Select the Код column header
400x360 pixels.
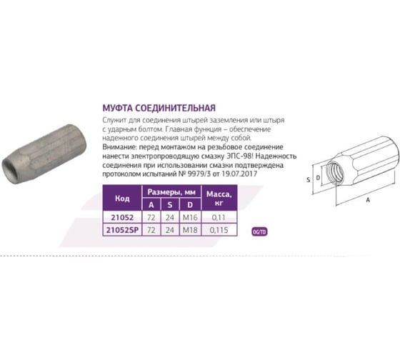[122, 199]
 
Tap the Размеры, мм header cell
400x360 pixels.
[171, 192]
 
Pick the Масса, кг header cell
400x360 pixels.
[219, 198]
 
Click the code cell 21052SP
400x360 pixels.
[122, 230]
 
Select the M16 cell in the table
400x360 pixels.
[190, 218]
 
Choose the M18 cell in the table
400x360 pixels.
[190, 230]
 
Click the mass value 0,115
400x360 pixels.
[219, 230]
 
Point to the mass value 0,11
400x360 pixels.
[219, 218]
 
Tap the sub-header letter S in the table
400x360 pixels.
[170, 204]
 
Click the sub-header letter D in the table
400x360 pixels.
[190, 204]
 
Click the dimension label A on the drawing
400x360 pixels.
[368, 200]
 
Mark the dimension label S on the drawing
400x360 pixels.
[309, 180]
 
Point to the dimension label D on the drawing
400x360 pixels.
[318, 178]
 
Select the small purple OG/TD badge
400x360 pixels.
[260, 232]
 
